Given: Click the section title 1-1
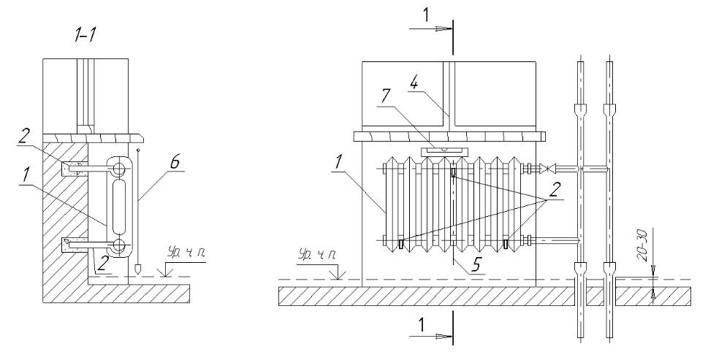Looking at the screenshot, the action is coord(85,35).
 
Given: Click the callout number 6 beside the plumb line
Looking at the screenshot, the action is coord(175,163).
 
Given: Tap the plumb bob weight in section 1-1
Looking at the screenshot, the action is coord(139,269).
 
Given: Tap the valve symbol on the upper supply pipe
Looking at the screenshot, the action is coord(549,169).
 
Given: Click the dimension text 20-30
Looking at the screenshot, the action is coord(643,246).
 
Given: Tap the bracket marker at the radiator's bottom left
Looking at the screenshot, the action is coord(401,244).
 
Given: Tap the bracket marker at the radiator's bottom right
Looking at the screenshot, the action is coord(506,244).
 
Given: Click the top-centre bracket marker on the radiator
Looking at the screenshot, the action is coord(453,173).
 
